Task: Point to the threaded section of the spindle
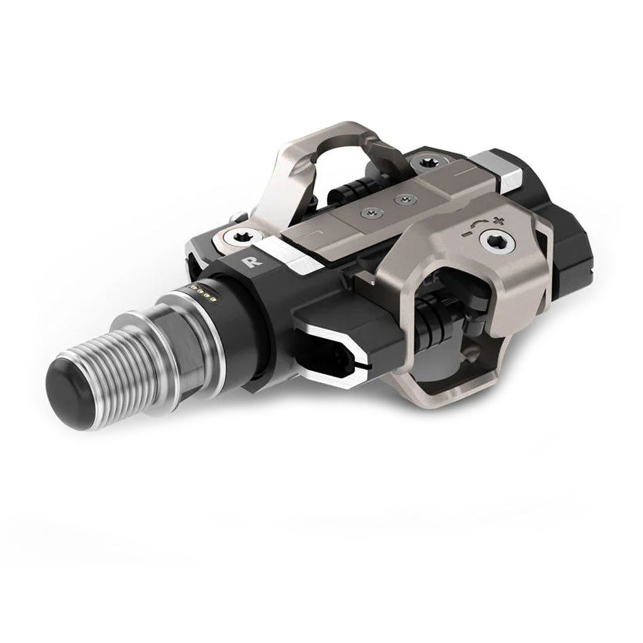pos(116,364)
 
